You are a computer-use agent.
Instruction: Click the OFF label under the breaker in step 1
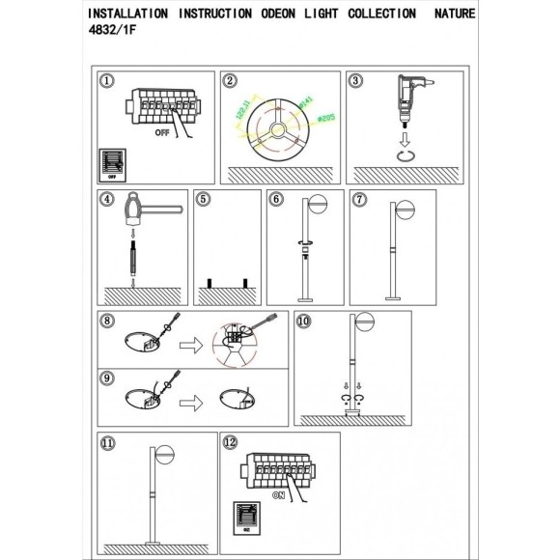click(165, 137)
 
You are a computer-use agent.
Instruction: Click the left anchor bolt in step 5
click(206, 283)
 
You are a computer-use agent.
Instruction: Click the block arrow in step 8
click(196, 343)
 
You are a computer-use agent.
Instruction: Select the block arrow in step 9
click(196, 398)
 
